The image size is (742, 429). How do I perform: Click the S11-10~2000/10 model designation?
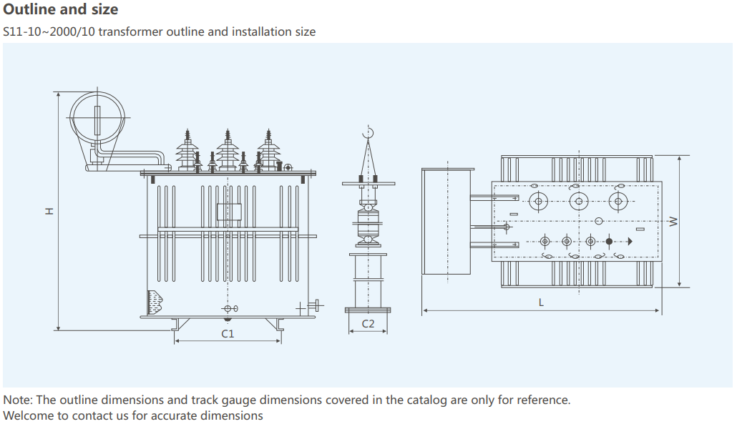tap(47, 32)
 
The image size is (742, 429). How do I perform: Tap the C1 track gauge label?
tap(228, 333)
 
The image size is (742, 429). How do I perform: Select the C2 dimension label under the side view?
tap(368, 323)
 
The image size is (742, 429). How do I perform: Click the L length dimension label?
tap(541, 302)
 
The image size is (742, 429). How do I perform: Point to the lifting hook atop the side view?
tap(368, 133)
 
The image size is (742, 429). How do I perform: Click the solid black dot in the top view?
tap(609, 241)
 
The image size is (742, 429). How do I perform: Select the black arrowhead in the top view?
tap(630, 241)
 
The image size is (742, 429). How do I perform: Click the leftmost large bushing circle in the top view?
tap(537, 199)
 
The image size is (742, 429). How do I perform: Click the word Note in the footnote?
tap(17, 400)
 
